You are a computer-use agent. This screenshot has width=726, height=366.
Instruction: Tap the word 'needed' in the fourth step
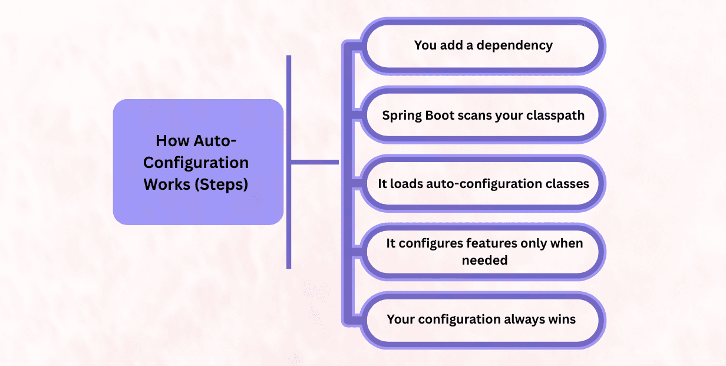point(484,260)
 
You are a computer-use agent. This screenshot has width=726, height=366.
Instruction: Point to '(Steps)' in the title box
point(222,184)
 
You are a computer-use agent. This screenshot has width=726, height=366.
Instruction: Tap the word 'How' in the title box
point(169,141)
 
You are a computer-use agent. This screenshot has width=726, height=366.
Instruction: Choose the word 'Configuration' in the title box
point(196,162)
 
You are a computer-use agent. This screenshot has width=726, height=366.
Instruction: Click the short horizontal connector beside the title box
point(315,161)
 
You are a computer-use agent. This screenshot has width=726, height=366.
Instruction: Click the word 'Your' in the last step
point(401,319)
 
